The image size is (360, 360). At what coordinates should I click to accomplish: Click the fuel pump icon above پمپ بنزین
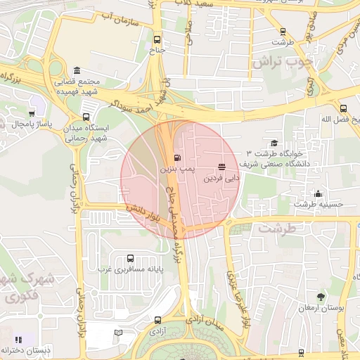[176, 156]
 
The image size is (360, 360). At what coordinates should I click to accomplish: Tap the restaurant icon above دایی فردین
[222, 167]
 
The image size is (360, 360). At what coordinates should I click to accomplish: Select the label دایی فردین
[221, 179]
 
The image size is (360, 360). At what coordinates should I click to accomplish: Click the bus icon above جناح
[157, 39]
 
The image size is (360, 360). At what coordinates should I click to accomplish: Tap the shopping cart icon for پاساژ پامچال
[32, 113]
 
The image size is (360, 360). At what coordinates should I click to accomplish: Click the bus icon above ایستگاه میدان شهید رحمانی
[86, 117]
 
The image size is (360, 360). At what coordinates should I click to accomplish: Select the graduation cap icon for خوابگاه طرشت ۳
[274, 143]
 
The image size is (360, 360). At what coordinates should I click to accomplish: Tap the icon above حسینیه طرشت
[319, 193]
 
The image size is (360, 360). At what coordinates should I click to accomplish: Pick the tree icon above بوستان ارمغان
[321, 297]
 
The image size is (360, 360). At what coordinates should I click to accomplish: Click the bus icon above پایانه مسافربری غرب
[129, 258]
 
